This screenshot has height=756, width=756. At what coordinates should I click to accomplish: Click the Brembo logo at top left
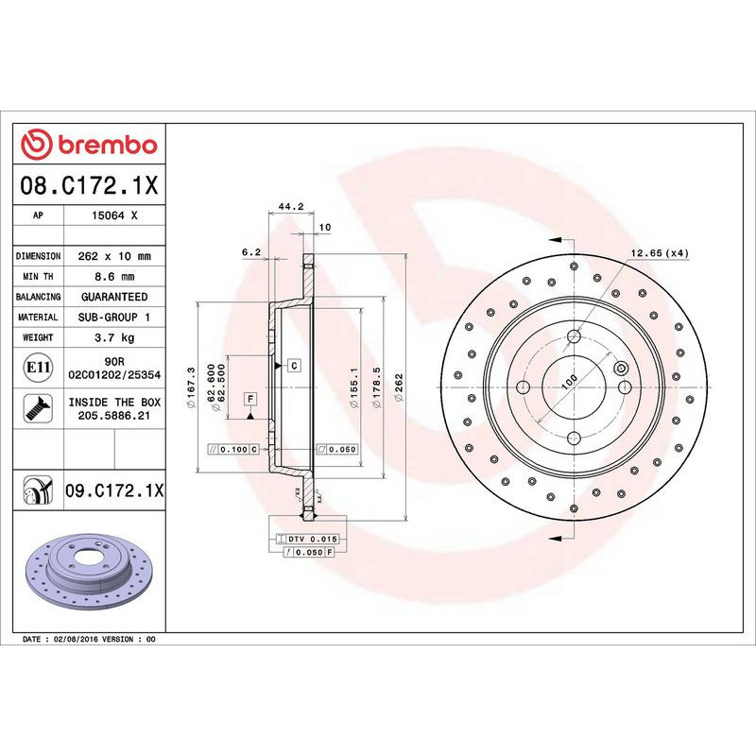(89, 145)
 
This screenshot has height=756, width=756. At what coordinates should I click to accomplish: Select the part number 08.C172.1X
(90, 185)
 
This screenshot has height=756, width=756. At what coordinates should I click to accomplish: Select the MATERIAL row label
(39, 318)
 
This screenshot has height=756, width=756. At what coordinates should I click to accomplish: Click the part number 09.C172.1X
(113, 490)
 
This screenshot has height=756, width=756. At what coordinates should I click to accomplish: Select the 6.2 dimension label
(250, 251)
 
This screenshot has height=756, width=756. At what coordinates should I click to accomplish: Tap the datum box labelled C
(294, 365)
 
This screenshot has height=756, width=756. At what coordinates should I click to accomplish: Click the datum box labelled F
(250, 398)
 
